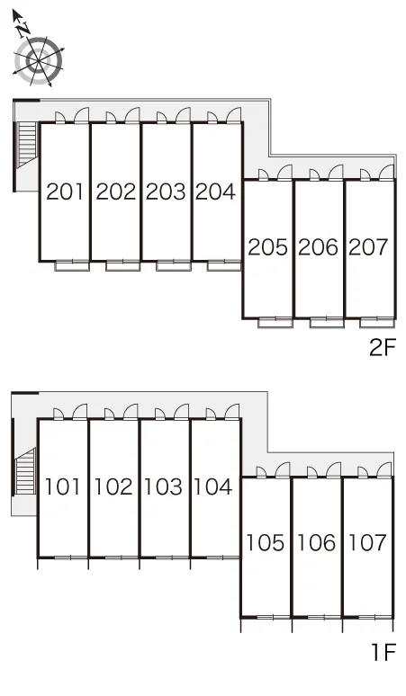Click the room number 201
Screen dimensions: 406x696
coord(65,192)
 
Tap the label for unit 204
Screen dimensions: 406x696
coord(215,192)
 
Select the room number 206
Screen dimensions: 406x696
coord(318,247)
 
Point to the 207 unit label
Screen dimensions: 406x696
coord(369,247)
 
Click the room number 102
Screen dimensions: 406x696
coord(113,487)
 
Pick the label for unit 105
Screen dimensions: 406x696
coord(266,542)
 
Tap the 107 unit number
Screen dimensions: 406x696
coord(367,542)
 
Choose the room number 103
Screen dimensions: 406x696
coord(164,487)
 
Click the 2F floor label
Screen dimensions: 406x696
coord(382,348)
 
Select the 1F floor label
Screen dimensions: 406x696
coord(383,652)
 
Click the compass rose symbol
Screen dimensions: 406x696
coord(38,61)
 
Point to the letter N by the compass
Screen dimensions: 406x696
coord(23,30)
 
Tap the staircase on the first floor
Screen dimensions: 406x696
coord(25,471)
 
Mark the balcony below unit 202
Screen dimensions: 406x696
coord(122,266)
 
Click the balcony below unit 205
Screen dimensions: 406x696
coord(275,323)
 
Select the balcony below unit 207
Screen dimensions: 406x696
coord(377,323)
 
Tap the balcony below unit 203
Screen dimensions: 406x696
coord(174,266)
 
